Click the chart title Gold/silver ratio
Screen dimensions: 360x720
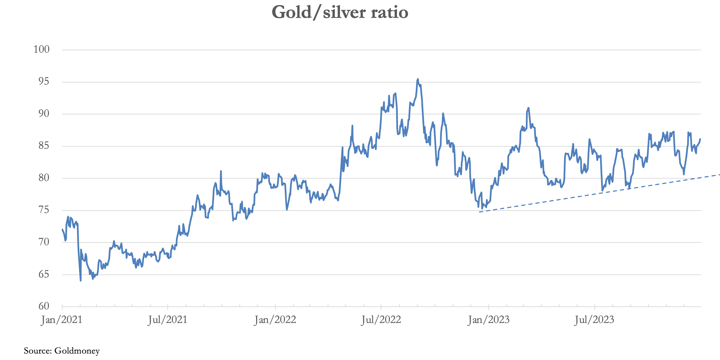click(x=340, y=13)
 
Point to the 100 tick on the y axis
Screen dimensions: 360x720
click(x=41, y=50)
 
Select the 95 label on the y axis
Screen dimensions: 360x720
click(x=44, y=82)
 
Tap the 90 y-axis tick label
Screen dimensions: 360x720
click(x=44, y=114)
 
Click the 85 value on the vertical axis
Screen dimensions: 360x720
click(x=44, y=146)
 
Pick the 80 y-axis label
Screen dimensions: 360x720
click(x=44, y=178)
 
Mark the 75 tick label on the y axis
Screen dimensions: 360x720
click(x=44, y=210)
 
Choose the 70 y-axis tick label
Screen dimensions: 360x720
click(x=44, y=242)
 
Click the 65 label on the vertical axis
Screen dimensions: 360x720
click(x=44, y=274)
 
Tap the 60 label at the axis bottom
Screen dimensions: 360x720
click(x=44, y=306)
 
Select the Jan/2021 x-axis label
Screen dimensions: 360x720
click(x=61, y=320)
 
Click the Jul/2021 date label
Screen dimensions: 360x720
click(x=167, y=320)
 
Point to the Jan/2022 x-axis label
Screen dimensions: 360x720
click(x=275, y=320)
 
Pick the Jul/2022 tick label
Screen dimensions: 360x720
click(x=381, y=320)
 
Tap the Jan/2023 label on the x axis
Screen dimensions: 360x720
click(x=488, y=320)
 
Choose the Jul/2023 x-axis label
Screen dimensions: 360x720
click(x=594, y=320)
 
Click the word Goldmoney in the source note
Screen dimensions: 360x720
click(x=77, y=351)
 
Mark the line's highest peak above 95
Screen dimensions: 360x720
click(x=418, y=79)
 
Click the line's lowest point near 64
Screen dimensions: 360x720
click(x=80, y=281)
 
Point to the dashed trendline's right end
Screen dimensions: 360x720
click(x=719, y=175)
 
